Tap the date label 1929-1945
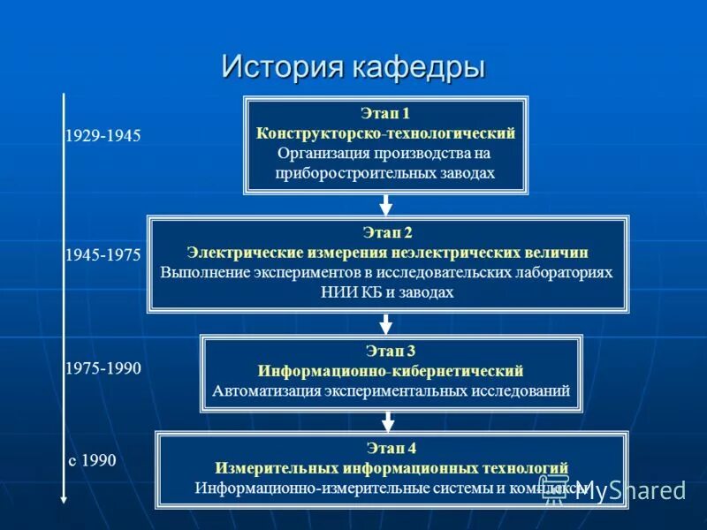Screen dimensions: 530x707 pyautogui.click(x=103, y=137)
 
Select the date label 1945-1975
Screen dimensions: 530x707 pyautogui.click(x=103, y=254)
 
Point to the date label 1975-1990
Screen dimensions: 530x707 pyautogui.click(x=103, y=368)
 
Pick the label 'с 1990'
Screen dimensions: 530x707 pyautogui.click(x=93, y=460)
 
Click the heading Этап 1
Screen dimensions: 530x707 pyautogui.click(x=385, y=114)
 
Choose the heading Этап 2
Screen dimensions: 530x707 pyautogui.click(x=387, y=233)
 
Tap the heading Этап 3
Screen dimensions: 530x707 pyautogui.click(x=391, y=351)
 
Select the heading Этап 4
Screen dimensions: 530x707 pyautogui.click(x=391, y=449)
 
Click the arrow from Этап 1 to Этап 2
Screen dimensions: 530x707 pyautogui.click(x=385, y=205)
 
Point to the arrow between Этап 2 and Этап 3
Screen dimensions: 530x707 pyautogui.click(x=386, y=323)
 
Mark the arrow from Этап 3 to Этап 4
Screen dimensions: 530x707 pyautogui.click(x=391, y=421)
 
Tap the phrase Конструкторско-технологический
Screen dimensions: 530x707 pyautogui.click(x=385, y=133)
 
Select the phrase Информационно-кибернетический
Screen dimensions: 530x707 pyautogui.click(x=391, y=370)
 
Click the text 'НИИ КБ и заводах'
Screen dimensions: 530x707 pyautogui.click(x=387, y=292)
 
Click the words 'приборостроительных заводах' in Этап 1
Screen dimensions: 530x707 pyautogui.click(x=385, y=173)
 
